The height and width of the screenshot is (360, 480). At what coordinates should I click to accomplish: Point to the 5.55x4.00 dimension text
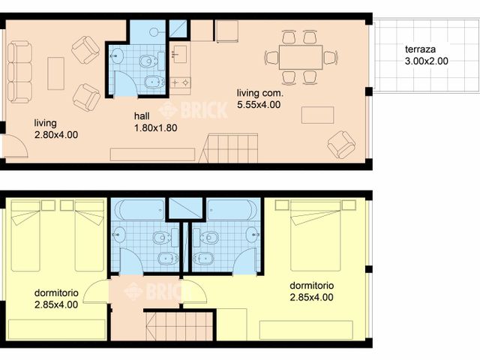[259, 105]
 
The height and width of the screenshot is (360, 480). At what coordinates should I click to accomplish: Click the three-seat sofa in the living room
[19, 72]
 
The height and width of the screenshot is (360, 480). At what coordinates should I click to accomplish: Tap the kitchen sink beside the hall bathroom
[180, 55]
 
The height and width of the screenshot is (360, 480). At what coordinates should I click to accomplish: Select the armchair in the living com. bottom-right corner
[342, 144]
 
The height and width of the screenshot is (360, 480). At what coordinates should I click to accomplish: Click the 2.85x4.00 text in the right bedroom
[312, 297]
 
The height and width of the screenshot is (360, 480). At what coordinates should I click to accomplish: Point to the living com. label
[259, 94]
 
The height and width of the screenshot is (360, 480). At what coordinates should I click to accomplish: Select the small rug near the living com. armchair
[317, 115]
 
